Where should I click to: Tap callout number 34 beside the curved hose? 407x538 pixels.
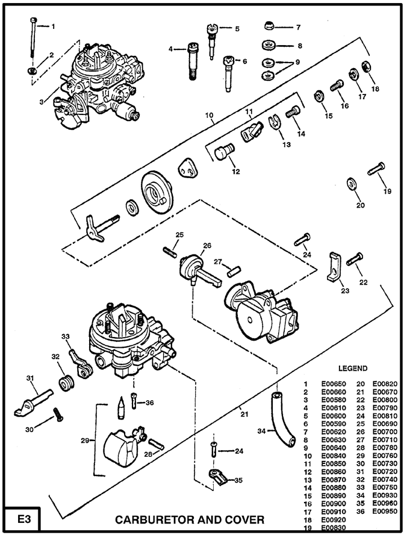261,431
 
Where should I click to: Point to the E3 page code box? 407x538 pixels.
20,518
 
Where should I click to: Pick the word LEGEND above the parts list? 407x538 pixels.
353,368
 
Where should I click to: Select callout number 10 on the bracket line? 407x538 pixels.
209,115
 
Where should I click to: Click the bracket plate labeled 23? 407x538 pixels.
332,267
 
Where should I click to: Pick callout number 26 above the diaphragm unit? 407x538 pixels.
207,246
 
